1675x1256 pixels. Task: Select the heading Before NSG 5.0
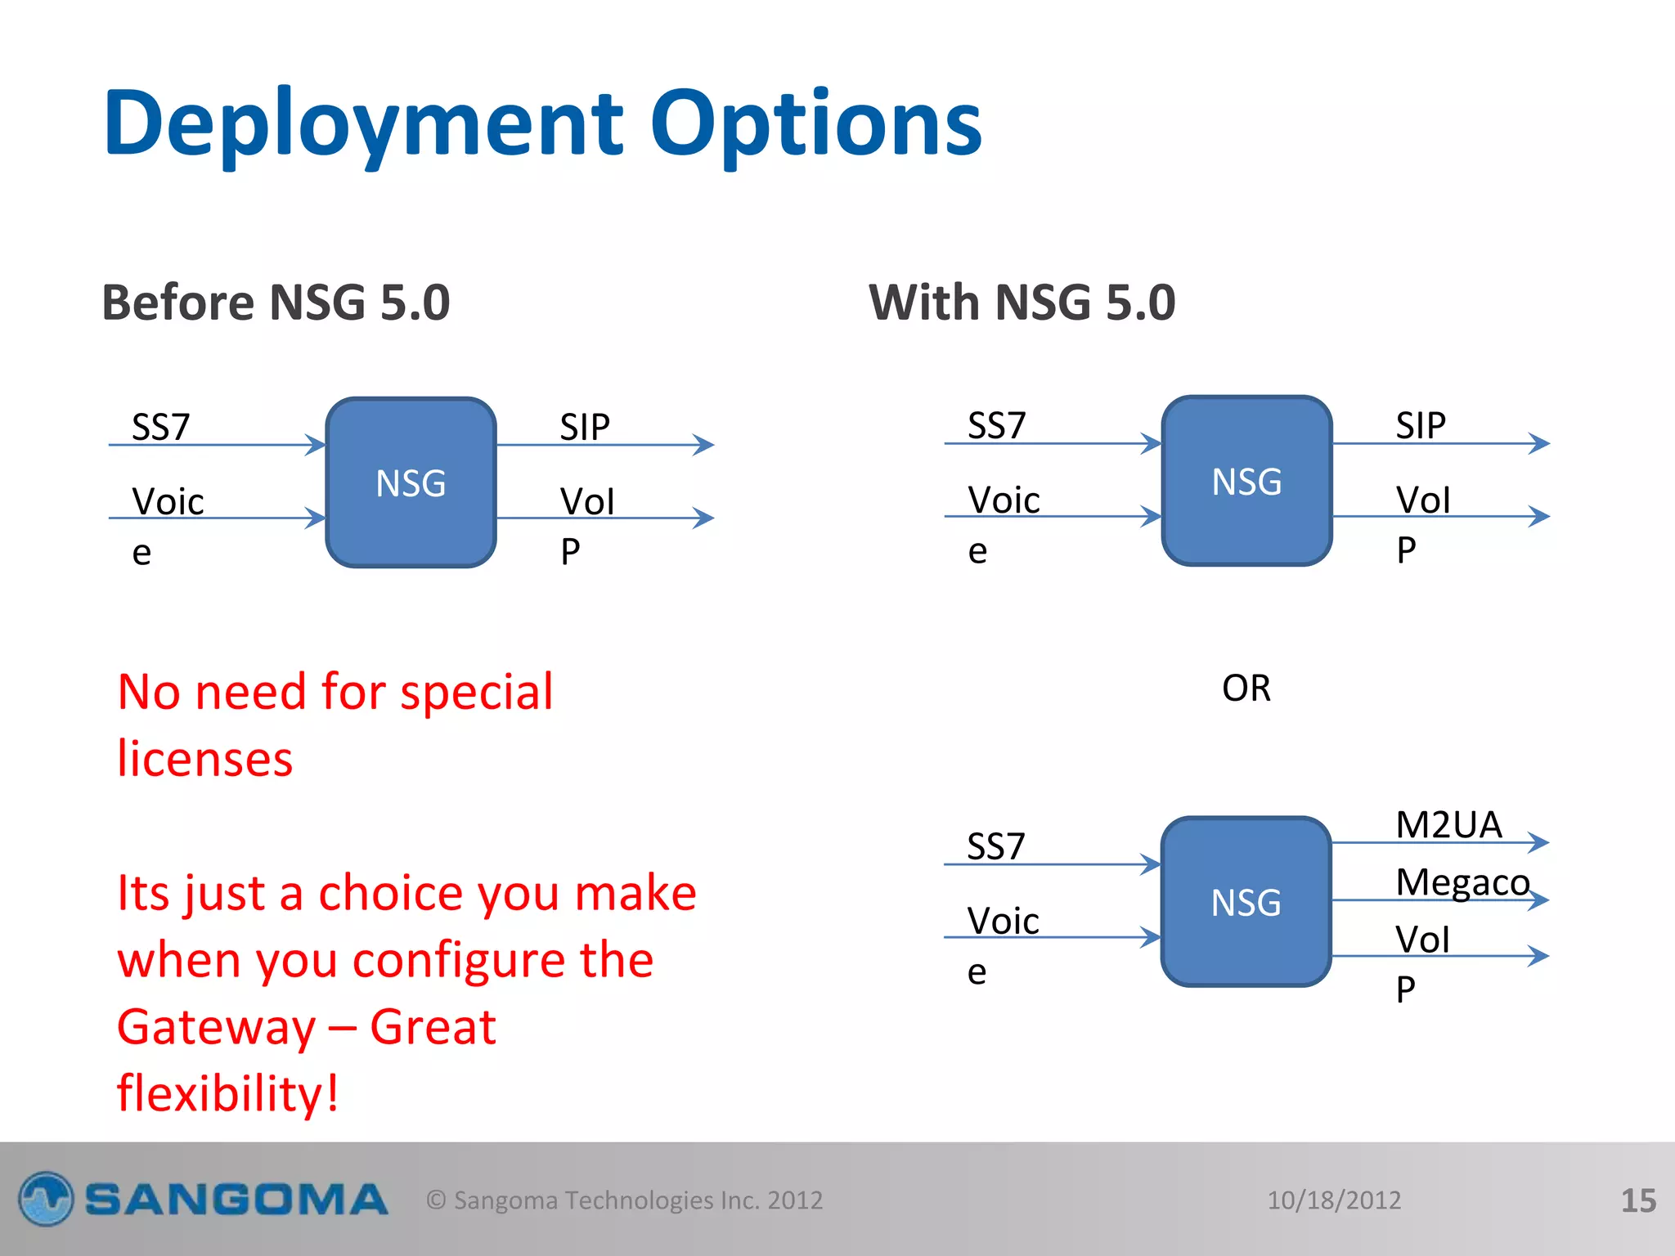276,303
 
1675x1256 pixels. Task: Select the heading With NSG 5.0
1022,303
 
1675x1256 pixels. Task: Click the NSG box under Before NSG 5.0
411,482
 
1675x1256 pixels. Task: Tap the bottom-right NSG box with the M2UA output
1246,902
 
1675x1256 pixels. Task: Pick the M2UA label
1448,824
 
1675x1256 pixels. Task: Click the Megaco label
1462,882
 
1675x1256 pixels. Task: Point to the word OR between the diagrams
1246,689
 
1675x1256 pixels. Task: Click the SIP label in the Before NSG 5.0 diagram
585,427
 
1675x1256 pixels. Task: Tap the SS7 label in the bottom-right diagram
995,846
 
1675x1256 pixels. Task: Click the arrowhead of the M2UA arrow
1540,842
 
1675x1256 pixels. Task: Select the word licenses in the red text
204,759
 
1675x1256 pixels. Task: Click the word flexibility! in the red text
227,1093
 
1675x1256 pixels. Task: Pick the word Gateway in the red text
216,1027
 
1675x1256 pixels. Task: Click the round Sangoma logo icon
46,1199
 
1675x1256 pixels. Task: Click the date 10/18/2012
1334,1200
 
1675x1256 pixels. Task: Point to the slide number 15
1637,1200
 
